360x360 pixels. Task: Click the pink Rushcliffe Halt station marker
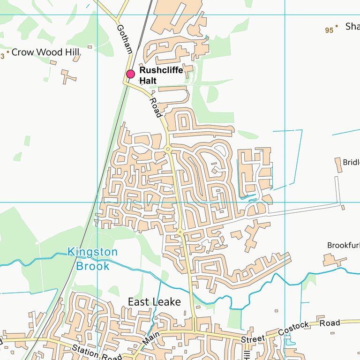[x=130, y=74]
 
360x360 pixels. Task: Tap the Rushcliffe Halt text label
[x=161, y=75]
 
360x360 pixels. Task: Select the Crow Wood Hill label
[x=45, y=52]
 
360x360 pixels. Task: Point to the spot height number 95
[x=329, y=30]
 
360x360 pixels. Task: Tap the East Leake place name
[x=154, y=302]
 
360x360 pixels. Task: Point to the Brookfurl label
[x=343, y=246]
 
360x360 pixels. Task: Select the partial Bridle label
[x=351, y=163]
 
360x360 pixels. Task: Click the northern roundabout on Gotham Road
[x=167, y=149]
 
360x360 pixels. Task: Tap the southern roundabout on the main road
[x=180, y=232]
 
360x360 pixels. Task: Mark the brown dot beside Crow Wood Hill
[x=8, y=52]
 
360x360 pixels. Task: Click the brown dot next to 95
[x=337, y=26]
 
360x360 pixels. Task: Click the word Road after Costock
[x=330, y=323]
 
